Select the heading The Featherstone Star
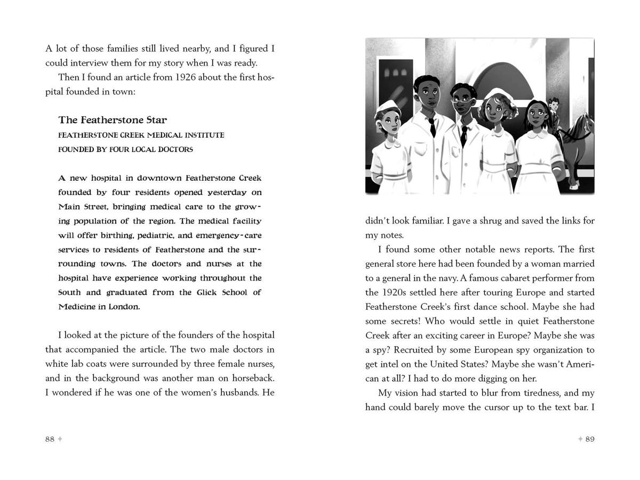pyautogui.click(x=113, y=120)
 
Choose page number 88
pyautogui.click(x=50, y=439)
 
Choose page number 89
pyautogui.click(x=589, y=439)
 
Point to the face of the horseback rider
pyautogui.click(x=554, y=105)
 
